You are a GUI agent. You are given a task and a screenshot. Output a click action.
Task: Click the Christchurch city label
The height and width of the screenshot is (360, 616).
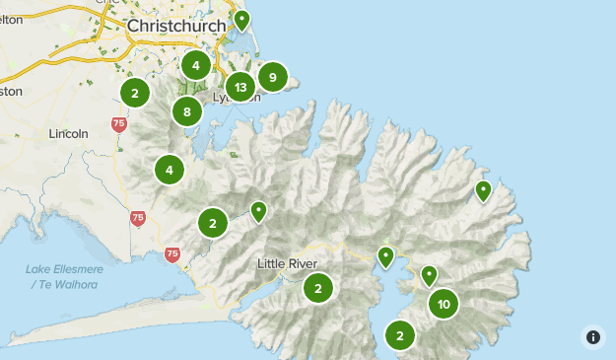[169, 26]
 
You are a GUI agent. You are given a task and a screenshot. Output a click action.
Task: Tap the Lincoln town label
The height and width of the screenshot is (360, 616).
[68, 133]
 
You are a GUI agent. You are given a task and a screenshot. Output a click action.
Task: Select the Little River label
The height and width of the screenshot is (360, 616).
[288, 263]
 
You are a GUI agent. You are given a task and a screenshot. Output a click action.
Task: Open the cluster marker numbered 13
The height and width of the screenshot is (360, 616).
[240, 88]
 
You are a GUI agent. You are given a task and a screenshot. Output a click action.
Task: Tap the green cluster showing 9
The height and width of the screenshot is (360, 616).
[273, 76]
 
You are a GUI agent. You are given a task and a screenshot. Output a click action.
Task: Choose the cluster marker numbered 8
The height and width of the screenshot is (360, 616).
[187, 111]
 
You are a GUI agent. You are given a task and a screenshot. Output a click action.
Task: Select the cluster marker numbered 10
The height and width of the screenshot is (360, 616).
[444, 304]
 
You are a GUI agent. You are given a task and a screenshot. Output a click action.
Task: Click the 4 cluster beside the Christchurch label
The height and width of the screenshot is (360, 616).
[195, 66]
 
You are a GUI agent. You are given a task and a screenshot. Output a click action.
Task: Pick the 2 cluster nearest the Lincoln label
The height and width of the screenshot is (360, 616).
[134, 93]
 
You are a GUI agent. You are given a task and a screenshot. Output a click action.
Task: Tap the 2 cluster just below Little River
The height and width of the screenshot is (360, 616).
[318, 289]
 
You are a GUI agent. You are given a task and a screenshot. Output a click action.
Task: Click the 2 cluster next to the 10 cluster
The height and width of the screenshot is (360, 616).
[399, 336]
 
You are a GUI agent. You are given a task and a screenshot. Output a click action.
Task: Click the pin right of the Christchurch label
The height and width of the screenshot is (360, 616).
[241, 20]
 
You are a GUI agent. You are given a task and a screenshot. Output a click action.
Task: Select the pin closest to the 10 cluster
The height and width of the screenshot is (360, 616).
[429, 275]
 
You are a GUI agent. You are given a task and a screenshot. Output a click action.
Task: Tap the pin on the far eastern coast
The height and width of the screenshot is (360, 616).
[483, 190]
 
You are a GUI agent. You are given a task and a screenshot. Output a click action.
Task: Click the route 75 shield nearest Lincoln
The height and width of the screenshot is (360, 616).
[119, 124]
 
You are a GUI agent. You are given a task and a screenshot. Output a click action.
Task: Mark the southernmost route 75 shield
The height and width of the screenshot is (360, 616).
[172, 254]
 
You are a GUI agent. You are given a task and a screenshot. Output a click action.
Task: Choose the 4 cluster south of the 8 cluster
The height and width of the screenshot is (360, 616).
[170, 170]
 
